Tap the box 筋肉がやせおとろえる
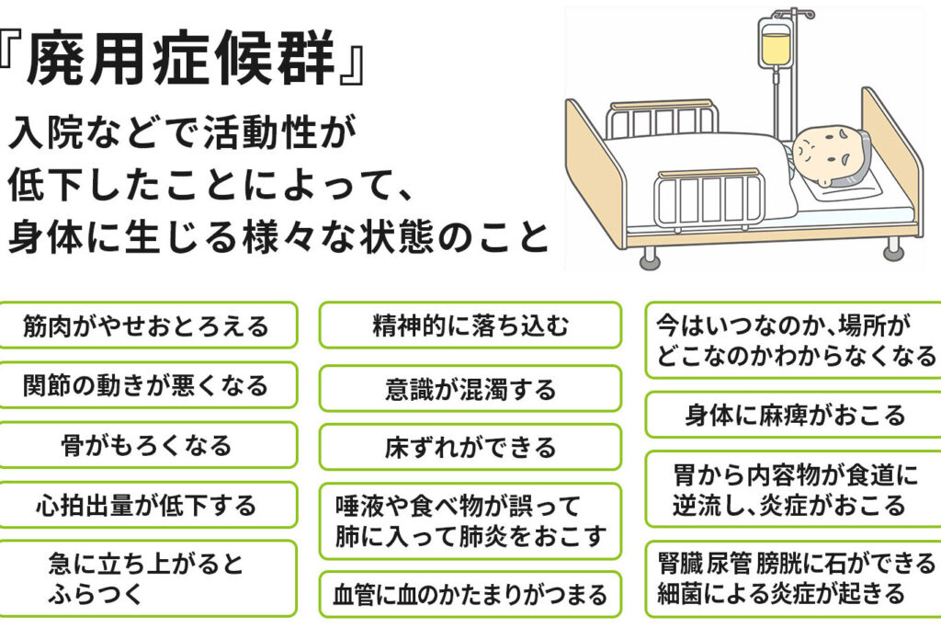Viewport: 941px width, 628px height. (x=148, y=325)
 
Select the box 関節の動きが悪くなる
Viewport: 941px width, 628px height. (x=148, y=385)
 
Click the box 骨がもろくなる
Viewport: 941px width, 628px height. (x=148, y=445)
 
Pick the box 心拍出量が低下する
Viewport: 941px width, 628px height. (x=148, y=505)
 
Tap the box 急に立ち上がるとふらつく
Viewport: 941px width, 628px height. (x=148, y=577)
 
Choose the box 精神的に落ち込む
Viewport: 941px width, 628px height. (x=470, y=325)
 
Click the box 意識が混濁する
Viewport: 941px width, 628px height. (x=470, y=388)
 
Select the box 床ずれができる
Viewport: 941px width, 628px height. (x=470, y=448)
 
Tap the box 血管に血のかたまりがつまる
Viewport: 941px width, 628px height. (x=470, y=595)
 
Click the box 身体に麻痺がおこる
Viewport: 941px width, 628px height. (x=794, y=415)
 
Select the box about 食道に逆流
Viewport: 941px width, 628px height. (x=794, y=489)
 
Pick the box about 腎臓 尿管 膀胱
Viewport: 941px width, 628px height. (x=794, y=577)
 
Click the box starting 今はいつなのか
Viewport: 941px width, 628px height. (x=794, y=339)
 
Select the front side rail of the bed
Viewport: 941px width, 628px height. (x=707, y=198)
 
